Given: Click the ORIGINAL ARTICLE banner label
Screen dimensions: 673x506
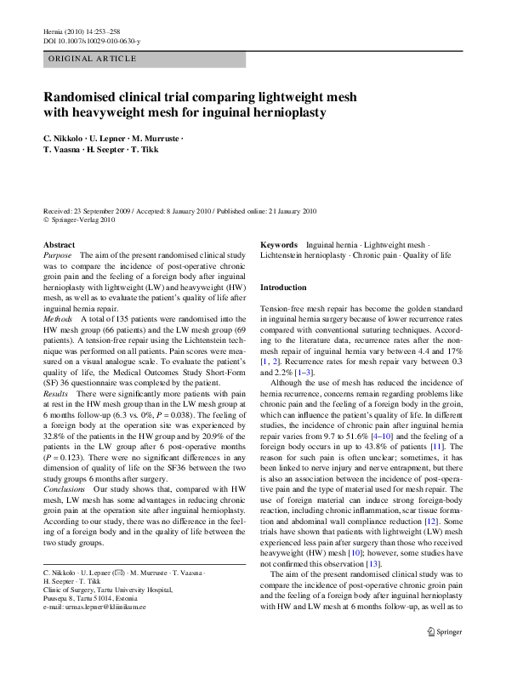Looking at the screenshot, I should point(92,59).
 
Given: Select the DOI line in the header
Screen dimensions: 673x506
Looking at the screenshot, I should point(92,41).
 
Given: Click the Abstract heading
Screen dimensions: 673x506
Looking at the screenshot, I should point(58,244).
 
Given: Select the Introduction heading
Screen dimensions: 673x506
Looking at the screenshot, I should point(282,288).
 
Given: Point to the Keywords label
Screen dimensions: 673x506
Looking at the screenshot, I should point(278,244).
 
